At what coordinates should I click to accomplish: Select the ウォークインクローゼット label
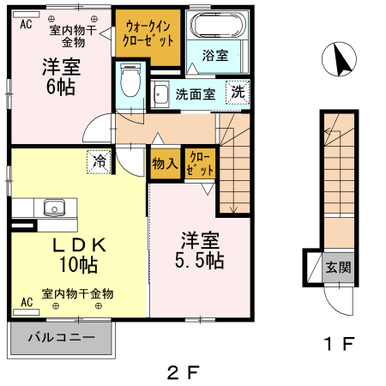(x=149, y=33)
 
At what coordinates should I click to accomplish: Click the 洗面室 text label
(x=196, y=93)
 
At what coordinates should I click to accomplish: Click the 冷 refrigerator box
(x=100, y=160)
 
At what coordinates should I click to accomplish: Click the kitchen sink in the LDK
(x=53, y=207)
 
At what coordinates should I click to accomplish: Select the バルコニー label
(x=60, y=337)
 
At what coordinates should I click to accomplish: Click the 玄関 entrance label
(x=338, y=267)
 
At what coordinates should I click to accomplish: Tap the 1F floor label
(x=339, y=345)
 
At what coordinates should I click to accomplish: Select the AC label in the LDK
(x=26, y=303)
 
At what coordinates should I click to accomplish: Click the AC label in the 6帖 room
(x=26, y=25)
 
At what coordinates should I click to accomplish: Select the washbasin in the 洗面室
(x=160, y=93)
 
